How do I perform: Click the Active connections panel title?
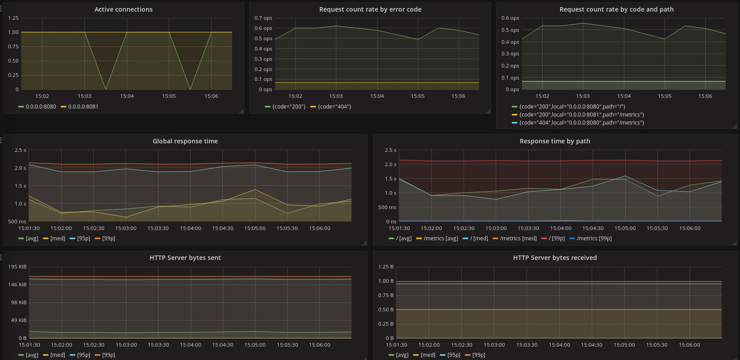pos(123,9)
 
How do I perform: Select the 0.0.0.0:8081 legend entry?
pos(83,107)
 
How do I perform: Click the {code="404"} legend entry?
pos(334,107)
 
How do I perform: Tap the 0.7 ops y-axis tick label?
pos(263,18)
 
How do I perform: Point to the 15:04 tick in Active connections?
pos(127,96)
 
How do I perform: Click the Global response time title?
pos(185,141)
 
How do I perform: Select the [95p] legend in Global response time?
pos(84,239)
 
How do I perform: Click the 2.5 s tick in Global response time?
pos(21,151)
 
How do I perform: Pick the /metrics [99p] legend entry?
pos(594,239)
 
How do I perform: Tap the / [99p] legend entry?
pos(556,239)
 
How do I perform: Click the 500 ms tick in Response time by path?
pos(387,208)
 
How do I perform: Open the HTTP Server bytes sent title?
pos(185,258)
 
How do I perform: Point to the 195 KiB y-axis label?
pos(17,267)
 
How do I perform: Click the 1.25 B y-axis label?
pos(386,267)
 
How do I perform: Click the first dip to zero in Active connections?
pos(106,88)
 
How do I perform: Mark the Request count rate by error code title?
pos(370,9)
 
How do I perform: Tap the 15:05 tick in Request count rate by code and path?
pos(665,96)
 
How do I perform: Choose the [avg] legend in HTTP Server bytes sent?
pos(32,355)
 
